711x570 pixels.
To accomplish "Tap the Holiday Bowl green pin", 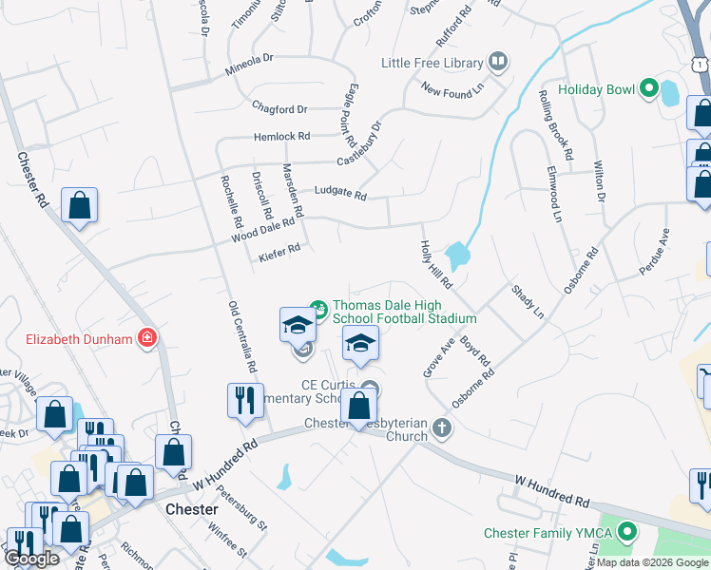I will pyautogui.click(x=649, y=89).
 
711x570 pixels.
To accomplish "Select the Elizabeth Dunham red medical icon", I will pyautogui.click(x=147, y=337).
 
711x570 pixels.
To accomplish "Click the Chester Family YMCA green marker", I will pyautogui.click(x=625, y=532).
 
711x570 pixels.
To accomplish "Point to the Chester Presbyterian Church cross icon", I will pyautogui.click(x=441, y=427).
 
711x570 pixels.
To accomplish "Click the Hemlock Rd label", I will pyautogui.click(x=281, y=137).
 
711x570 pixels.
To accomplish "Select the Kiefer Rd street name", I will pyautogui.click(x=279, y=250).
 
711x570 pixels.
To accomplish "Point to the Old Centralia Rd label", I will pyautogui.click(x=243, y=337).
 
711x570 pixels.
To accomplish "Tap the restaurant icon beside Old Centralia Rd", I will pyautogui.click(x=245, y=400).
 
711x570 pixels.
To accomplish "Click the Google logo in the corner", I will pyautogui.click(x=32, y=559).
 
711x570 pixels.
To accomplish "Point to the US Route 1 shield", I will pyautogui.click(x=701, y=63).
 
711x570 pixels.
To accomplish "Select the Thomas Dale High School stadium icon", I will pyautogui.click(x=319, y=308).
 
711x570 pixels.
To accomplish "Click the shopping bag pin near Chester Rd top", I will pyautogui.click(x=80, y=205).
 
